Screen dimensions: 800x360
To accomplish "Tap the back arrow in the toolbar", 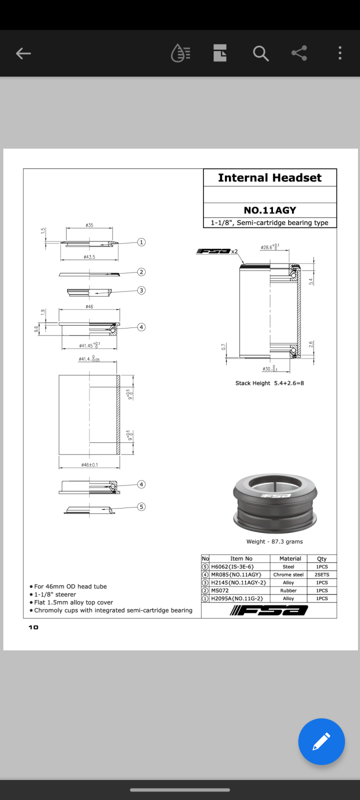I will click(23, 53).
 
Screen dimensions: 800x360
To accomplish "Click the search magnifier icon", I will click(260, 53).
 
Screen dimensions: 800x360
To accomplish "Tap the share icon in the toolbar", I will click(299, 53).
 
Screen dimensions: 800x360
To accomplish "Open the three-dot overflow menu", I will click(340, 53).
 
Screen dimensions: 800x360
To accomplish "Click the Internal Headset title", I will click(269, 178).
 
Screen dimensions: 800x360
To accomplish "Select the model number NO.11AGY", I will click(269, 210).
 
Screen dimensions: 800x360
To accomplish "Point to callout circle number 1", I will click(141, 242).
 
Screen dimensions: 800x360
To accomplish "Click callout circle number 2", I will click(141, 272).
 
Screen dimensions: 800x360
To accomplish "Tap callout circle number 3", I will click(141, 290).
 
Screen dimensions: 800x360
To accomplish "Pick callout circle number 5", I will click(141, 507).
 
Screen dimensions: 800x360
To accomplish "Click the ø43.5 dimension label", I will click(89, 257).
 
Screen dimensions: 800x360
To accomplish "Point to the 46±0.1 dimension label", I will click(89, 465).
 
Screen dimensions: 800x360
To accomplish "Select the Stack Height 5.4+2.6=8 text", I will click(269, 383).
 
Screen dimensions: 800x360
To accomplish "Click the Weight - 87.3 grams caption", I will click(274, 541).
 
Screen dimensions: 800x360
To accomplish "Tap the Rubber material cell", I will click(288, 590).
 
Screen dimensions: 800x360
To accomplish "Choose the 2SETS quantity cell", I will click(322, 574).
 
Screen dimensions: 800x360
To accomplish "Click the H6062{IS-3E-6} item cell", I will click(232, 567).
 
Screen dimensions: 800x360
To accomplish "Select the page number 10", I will click(33, 627).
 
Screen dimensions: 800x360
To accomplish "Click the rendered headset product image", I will click(275, 502).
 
